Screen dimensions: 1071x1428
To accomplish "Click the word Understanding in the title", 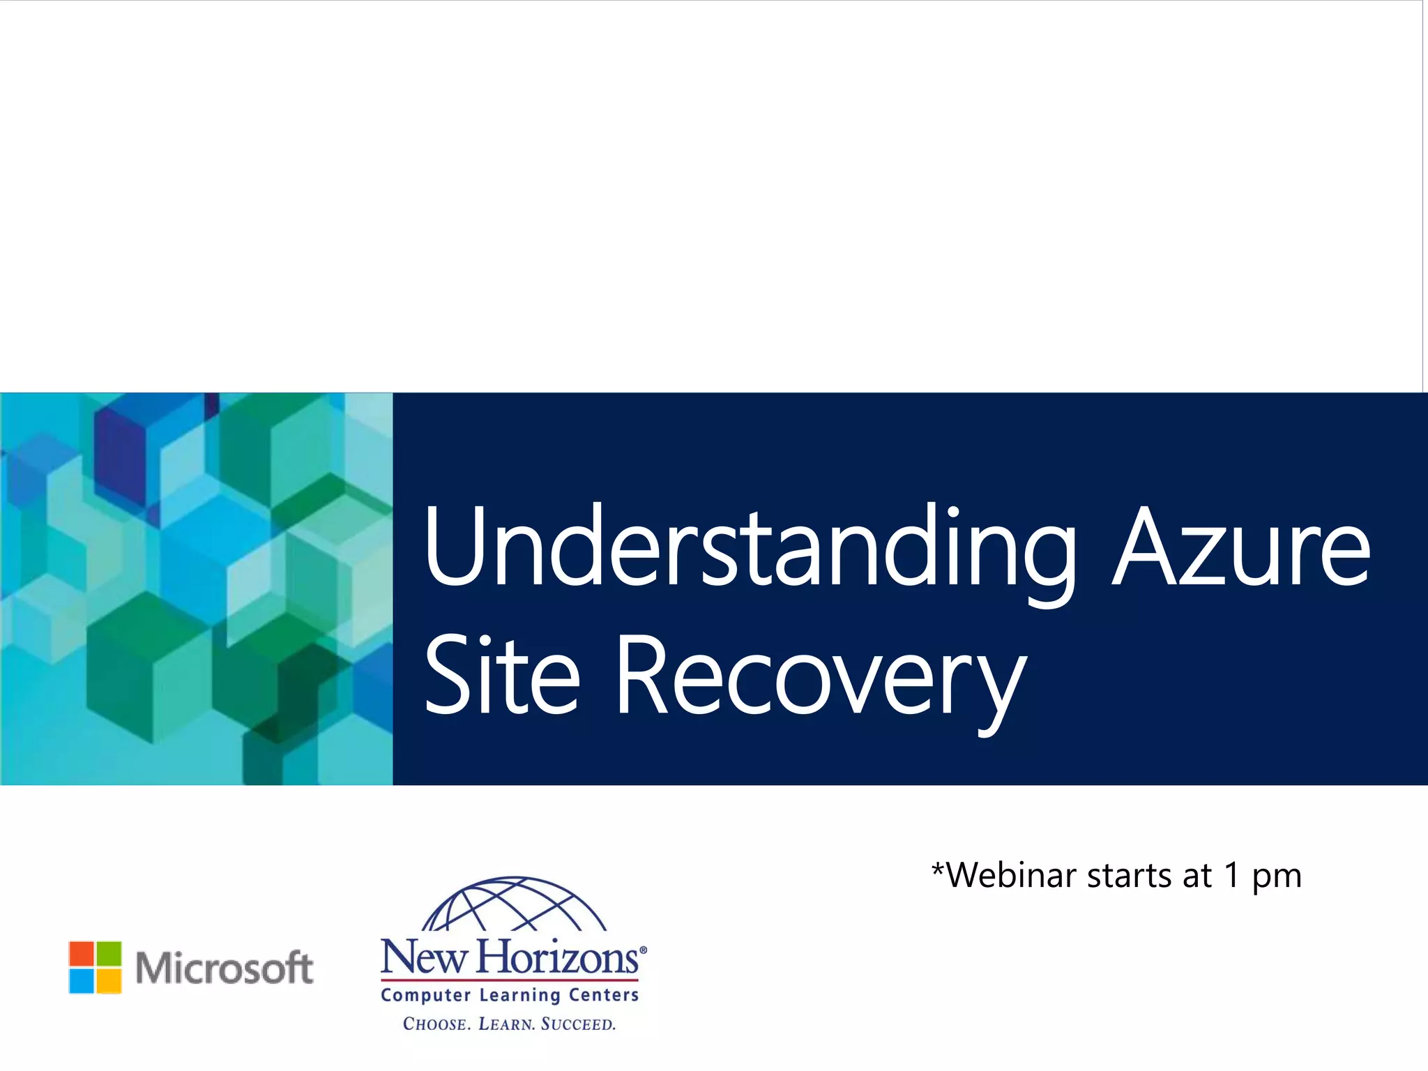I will click(750, 547).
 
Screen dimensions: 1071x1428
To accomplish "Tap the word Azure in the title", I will click(1241, 547).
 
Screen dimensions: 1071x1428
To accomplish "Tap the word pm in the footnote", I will click(1277, 878).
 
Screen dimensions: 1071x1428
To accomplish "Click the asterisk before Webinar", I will click(938, 868).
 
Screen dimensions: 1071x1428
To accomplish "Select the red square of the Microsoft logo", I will click(82, 953).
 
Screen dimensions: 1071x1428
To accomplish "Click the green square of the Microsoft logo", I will click(109, 953).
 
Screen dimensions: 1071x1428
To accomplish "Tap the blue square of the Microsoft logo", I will click(82, 980).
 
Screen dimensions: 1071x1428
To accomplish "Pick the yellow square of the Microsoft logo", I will click(109, 980).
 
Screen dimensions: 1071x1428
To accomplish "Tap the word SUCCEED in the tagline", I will click(578, 1024).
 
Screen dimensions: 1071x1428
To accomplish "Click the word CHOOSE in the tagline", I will click(436, 1024).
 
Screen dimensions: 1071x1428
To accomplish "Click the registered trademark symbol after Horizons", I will click(643, 950).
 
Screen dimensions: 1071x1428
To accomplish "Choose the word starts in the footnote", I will click(1129, 875).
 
